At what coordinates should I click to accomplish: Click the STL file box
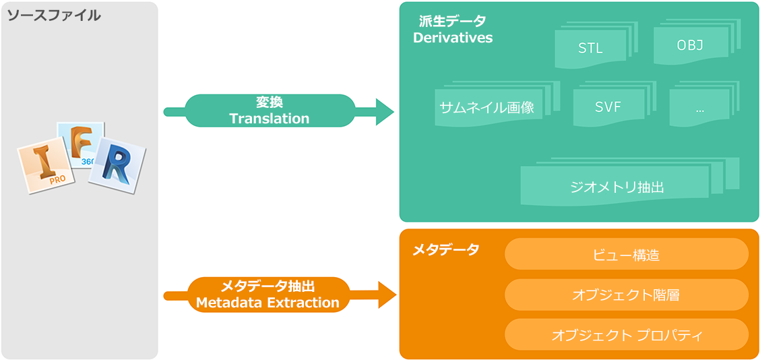point(590,49)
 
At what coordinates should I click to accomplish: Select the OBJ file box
point(690,46)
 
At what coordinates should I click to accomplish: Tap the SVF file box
point(607,107)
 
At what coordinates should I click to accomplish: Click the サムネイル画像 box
point(488,107)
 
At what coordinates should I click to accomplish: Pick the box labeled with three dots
point(699,108)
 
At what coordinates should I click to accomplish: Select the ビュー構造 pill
point(626,255)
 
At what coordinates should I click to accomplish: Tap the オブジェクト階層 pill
point(626,295)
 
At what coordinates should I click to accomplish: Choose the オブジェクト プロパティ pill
point(626,335)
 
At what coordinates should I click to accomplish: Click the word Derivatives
point(453,38)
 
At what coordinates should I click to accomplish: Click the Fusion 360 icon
point(80,144)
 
